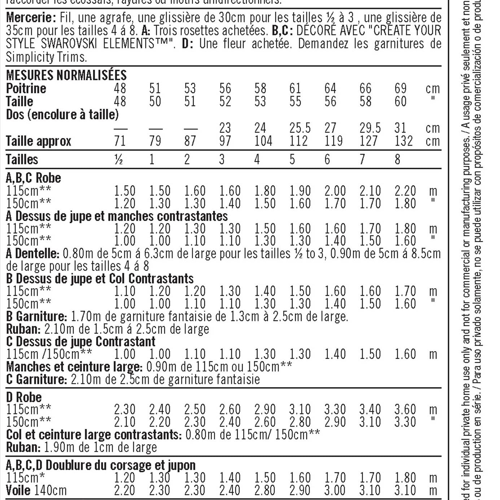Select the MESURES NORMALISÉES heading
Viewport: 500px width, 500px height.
point(66,75)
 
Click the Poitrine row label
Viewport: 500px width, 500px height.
point(26,89)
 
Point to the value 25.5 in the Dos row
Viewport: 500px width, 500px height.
point(300,128)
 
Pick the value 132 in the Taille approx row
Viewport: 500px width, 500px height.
point(403,141)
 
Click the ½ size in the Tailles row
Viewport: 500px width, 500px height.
point(118,159)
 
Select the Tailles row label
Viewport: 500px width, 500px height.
point(22,159)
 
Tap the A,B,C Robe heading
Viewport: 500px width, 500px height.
point(34,178)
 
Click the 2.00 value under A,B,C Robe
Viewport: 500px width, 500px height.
point(335,191)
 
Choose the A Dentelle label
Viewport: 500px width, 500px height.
point(32,254)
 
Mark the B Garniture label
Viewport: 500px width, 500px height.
point(36,316)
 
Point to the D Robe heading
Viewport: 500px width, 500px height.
point(24,398)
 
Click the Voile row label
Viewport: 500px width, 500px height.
point(18,491)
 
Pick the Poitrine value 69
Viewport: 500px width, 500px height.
point(400,89)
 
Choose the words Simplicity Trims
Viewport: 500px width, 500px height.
point(46,57)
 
